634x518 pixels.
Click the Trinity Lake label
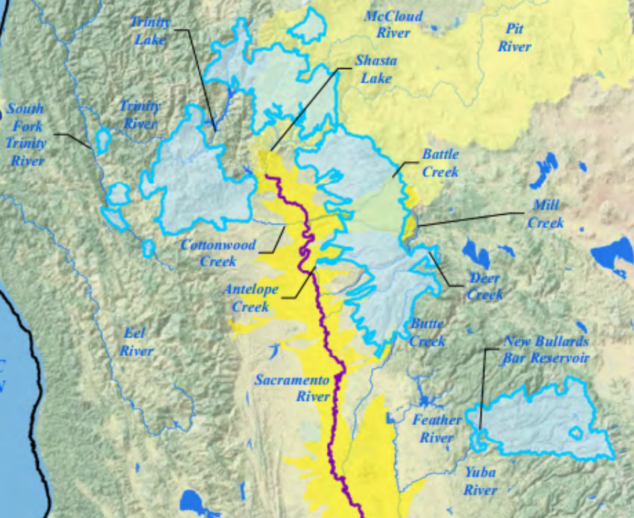click(151, 31)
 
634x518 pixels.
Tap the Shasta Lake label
click(376, 69)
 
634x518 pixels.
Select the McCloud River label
click(393, 24)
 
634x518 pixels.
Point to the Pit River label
click(514, 38)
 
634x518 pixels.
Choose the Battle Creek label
click(440, 163)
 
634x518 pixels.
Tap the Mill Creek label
click(545, 214)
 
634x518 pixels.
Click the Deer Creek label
click(485, 286)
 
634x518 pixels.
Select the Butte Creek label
click(427, 333)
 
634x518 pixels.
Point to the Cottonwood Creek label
click(218, 252)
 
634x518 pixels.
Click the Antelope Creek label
click(250, 297)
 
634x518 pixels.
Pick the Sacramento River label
click(292, 388)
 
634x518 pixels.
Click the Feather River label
click(436, 428)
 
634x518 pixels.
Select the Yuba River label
click(480, 481)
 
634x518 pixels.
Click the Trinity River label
click(139, 115)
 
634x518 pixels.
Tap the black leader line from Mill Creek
click(472, 219)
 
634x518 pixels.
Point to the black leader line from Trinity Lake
click(202, 79)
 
